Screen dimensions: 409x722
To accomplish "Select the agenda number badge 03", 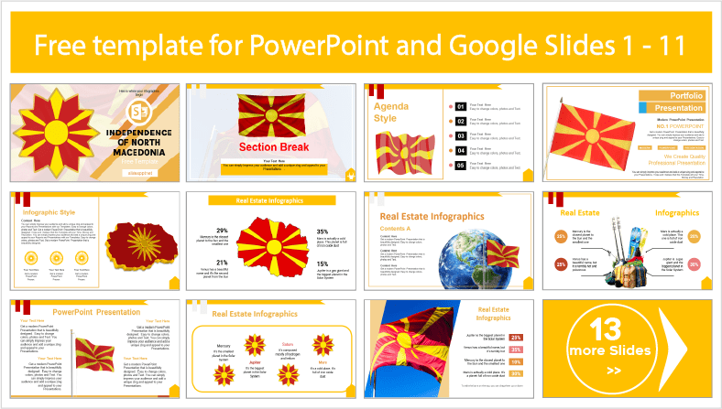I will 460,135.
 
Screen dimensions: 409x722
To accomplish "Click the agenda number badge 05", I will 460,166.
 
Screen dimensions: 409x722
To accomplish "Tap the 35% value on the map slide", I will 323,231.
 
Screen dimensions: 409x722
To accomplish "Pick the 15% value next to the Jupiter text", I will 323,264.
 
